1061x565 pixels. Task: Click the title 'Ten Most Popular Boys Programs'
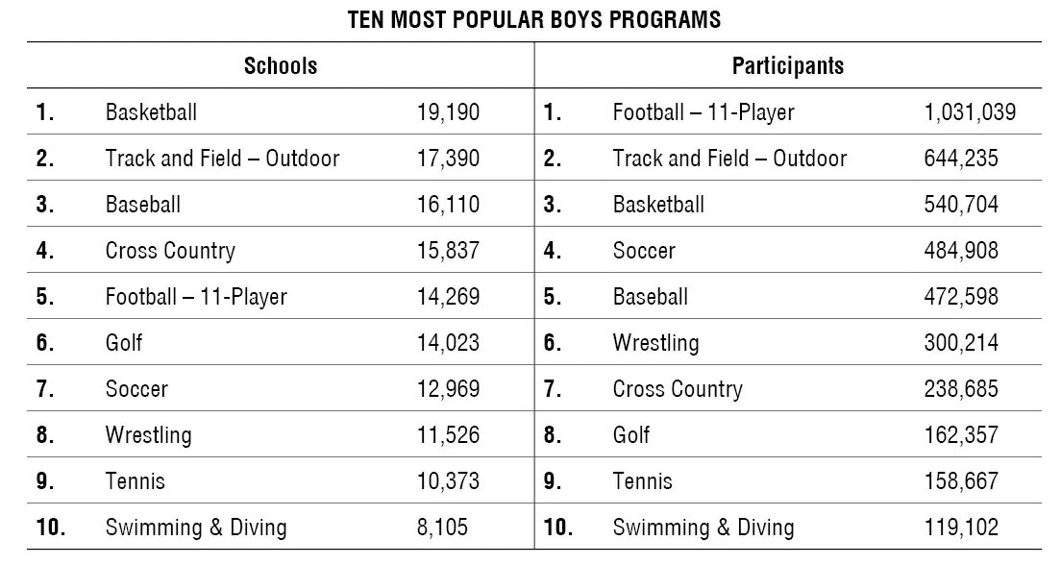534,20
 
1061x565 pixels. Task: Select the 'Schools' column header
281,65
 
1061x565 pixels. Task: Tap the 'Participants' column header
788,65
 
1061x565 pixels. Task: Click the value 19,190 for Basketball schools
448,112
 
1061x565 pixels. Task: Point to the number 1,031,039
970,112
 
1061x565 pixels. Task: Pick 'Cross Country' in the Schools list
170,251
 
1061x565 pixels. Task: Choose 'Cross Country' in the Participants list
678,389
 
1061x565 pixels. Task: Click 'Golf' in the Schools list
124,343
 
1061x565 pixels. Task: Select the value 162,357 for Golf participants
961,435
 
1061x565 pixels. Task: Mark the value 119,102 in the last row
961,528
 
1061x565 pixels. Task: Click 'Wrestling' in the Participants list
655,343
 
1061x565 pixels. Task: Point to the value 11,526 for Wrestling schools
448,435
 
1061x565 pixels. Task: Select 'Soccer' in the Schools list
136,389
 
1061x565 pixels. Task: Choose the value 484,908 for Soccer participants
961,251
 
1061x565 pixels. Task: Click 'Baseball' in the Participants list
651,297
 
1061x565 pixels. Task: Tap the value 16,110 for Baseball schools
448,205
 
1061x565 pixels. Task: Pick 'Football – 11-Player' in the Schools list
196,297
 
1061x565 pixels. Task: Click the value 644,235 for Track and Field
961,159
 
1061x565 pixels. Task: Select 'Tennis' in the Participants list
643,481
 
